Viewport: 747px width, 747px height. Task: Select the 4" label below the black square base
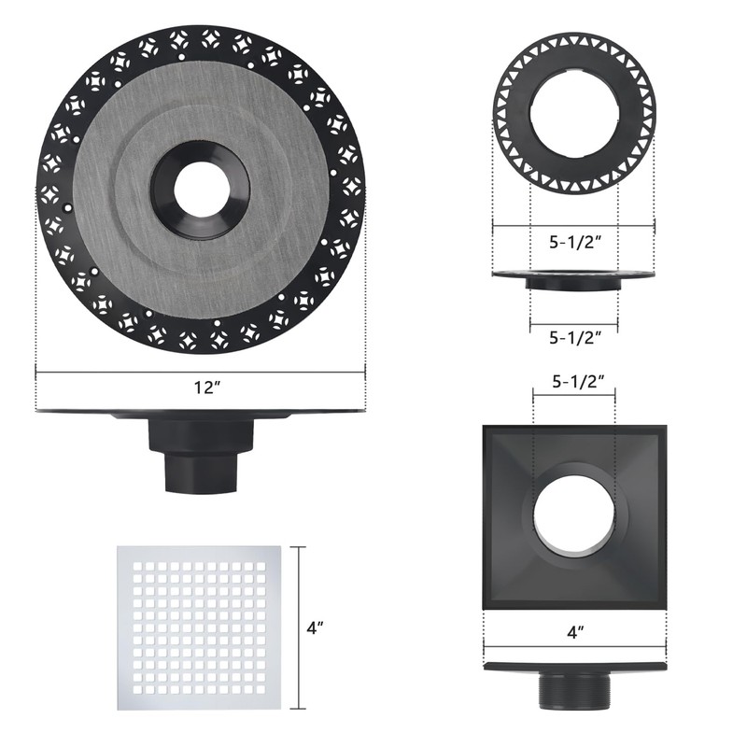point(575,632)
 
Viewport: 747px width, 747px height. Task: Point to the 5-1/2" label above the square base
point(574,381)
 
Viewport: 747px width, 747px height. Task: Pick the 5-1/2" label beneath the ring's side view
point(574,336)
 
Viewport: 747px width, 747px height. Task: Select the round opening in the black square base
point(574,516)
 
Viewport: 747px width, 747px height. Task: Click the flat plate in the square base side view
point(574,666)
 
